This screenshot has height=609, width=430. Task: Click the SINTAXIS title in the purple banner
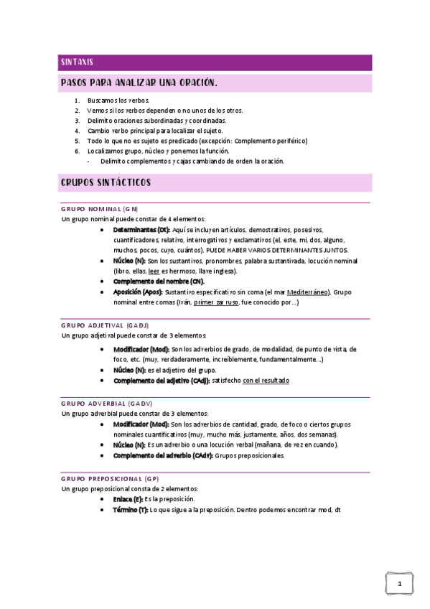tap(77, 62)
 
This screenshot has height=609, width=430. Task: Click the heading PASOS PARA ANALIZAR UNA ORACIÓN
tap(139, 83)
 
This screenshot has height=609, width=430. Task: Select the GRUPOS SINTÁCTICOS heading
tap(106, 183)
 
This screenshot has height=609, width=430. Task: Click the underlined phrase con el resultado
tap(266, 380)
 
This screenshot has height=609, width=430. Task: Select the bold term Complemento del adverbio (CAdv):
tap(162, 455)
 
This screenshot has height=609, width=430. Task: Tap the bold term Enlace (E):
tap(128, 498)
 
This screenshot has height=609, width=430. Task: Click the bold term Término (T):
tap(130, 509)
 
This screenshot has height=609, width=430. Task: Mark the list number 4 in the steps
tap(77, 131)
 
